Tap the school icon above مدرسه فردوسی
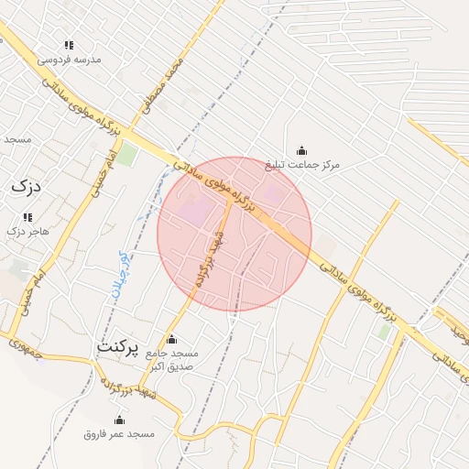coord(68,45)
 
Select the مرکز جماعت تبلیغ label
coord(302,165)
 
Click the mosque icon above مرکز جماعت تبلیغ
coord(301,151)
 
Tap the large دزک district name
coord(25,186)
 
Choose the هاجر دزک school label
coord(27,231)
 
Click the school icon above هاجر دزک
coord(27,218)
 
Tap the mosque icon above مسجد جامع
coord(171,340)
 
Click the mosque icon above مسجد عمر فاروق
coord(119,420)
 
